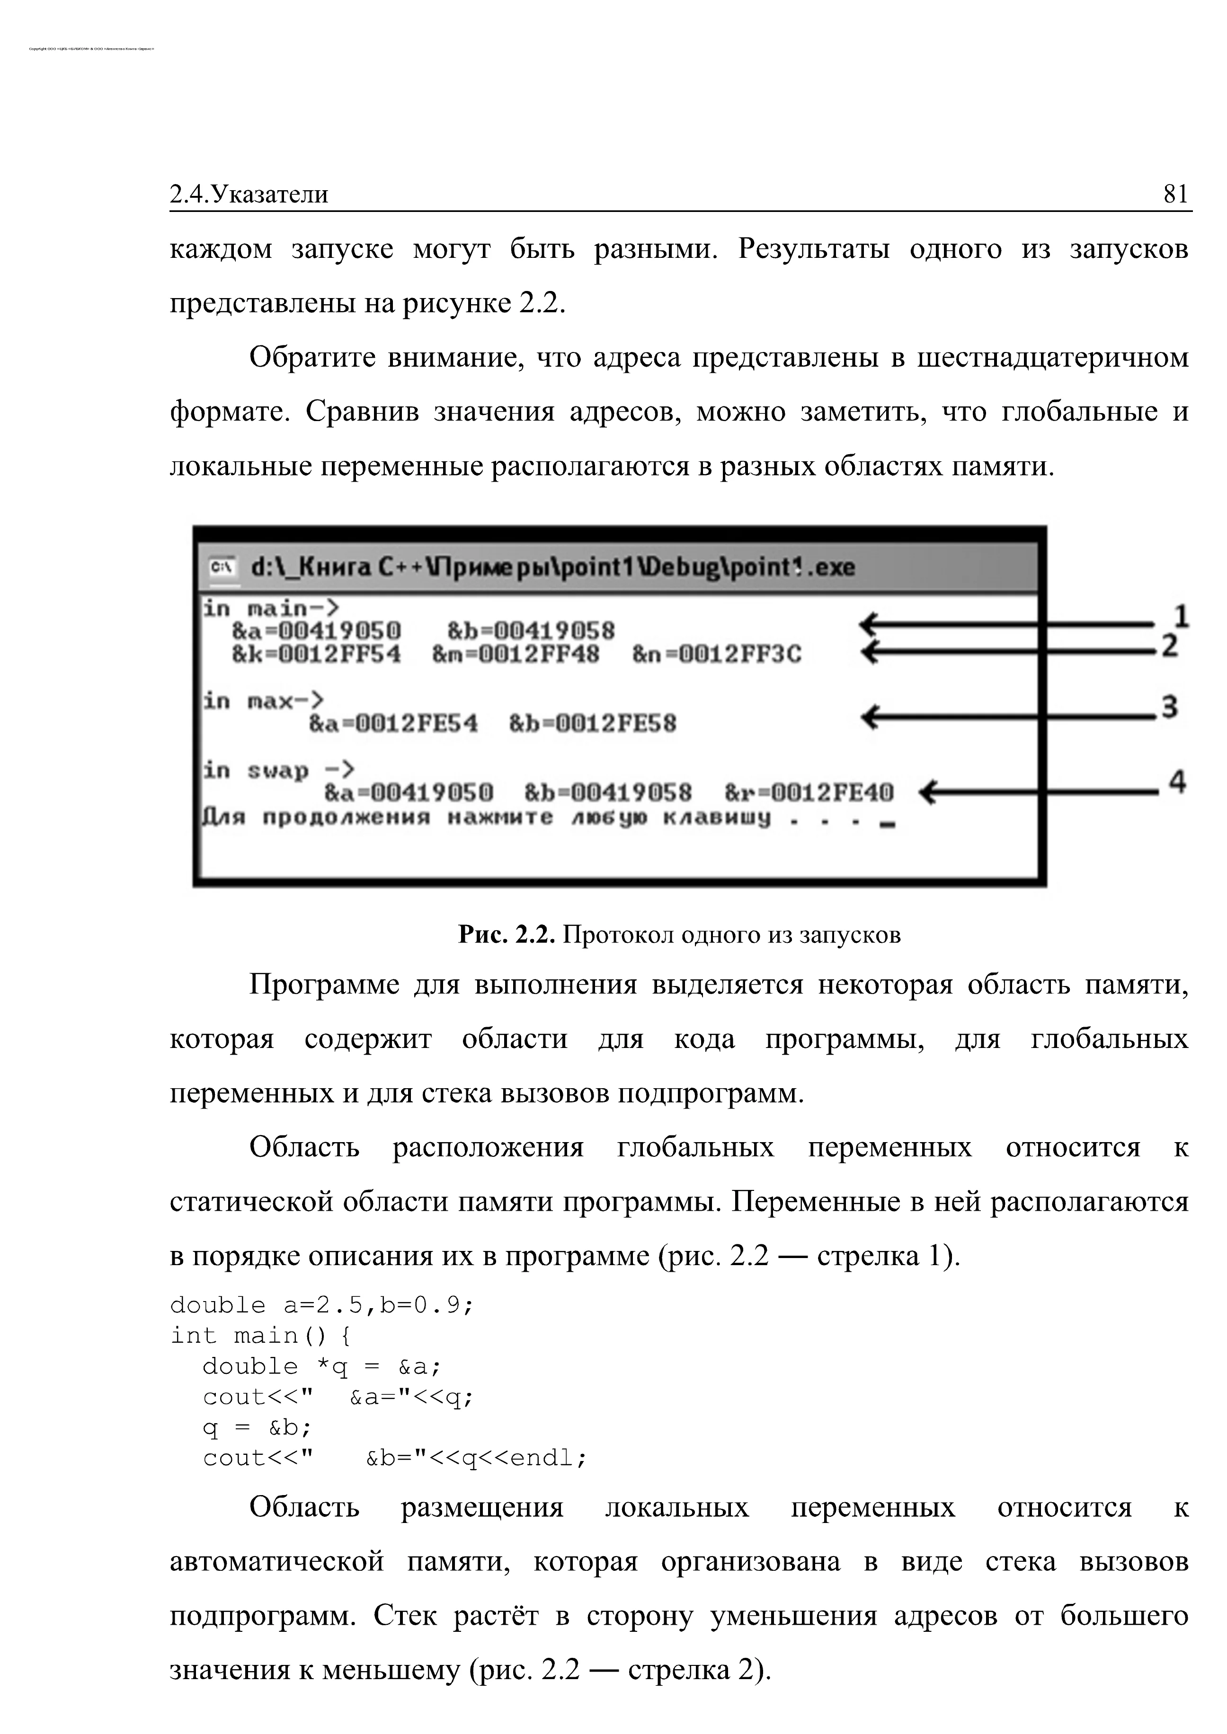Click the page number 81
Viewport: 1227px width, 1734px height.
pos(1175,195)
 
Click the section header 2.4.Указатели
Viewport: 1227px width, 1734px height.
pos(249,195)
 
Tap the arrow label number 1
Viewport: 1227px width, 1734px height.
pos(1182,616)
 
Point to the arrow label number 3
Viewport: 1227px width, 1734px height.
pos(1170,708)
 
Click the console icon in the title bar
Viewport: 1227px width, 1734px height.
pos(222,566)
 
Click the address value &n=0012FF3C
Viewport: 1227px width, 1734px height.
pos(716,654)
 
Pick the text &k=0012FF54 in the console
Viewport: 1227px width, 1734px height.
pos(317,654)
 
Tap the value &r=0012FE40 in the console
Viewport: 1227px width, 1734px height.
pos(809,793)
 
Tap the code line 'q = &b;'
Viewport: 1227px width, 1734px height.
pos(257,1427)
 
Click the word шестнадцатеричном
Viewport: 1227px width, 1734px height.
pos(1052,357)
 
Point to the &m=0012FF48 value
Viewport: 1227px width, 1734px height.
pos(516,654)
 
